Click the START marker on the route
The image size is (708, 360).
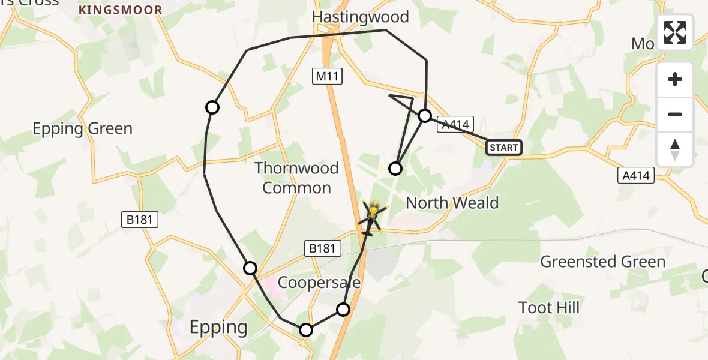(503, 148)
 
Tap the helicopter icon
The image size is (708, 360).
(372, 217)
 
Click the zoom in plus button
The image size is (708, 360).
(675, 80)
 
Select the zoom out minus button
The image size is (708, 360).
(675, 114)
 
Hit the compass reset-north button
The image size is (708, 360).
(675, 149)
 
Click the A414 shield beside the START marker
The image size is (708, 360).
(455, 124)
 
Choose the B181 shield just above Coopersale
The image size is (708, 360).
(322, 248)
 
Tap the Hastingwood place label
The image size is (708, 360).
(360, 17)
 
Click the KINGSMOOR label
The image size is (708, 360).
(121, 10)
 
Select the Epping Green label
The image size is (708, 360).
(82, 129)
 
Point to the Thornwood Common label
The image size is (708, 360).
(296, 178)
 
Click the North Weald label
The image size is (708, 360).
(452, 203)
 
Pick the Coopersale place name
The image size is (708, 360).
(319, 283)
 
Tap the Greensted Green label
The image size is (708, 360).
(603, 262)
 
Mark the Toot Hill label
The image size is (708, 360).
(549, 308)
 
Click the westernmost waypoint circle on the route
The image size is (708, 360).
(212, 107)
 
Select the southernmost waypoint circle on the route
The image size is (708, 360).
(306, 329)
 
